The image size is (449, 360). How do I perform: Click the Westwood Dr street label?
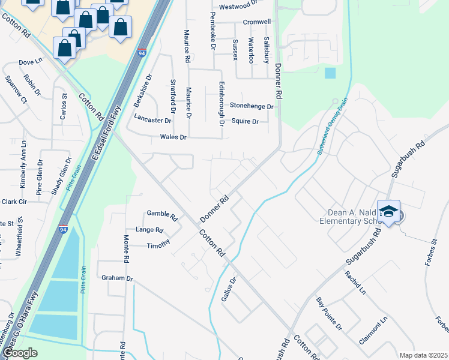click(x=238, y=7)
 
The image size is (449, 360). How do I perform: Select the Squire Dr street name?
click(x=245, y=121)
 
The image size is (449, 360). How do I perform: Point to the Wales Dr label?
click(x=173, y=137)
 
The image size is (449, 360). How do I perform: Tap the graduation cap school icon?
click(x=389, y=212)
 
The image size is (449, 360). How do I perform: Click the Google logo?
click(x=19, y=353)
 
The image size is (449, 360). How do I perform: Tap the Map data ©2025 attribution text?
click(x=423, y=355)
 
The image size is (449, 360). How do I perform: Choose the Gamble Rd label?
click(x=162, y=214)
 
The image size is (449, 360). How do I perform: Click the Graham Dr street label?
click(x=116, y=278)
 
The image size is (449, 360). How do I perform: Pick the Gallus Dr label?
click(x=228, y=289)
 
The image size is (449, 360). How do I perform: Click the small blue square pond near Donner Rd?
click(x=330, y=73)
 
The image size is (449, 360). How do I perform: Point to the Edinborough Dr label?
click(x=221, y=103)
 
